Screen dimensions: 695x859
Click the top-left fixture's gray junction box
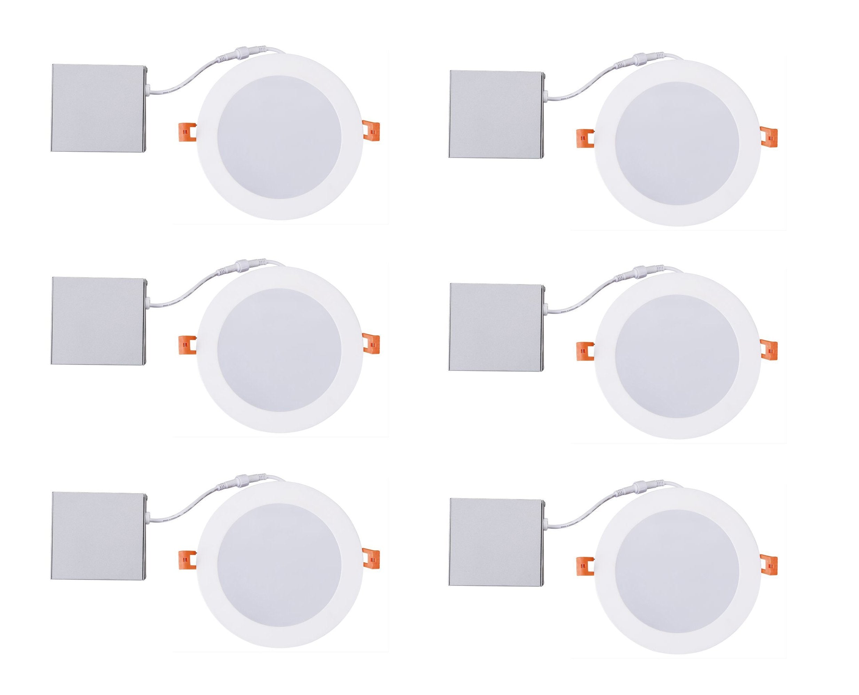98,108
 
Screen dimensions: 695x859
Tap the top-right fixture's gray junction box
496,115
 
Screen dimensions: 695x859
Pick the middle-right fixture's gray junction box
496,327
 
